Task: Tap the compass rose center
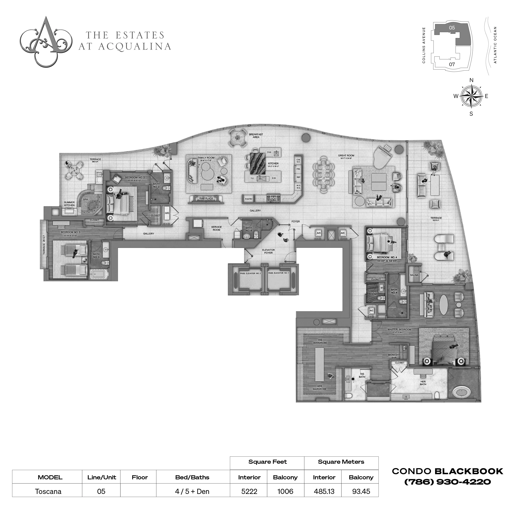click(471, 96)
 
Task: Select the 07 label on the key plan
click(452, 64)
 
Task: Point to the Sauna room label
click(414, 275)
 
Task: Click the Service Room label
click(216, 228)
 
